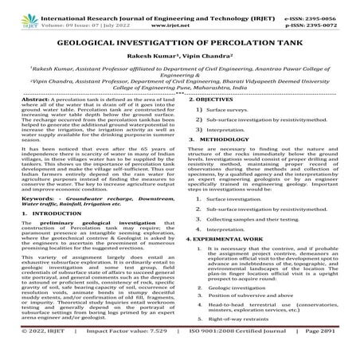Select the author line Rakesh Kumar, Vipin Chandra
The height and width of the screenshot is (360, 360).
pyautogui.click(x=180, y=67)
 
